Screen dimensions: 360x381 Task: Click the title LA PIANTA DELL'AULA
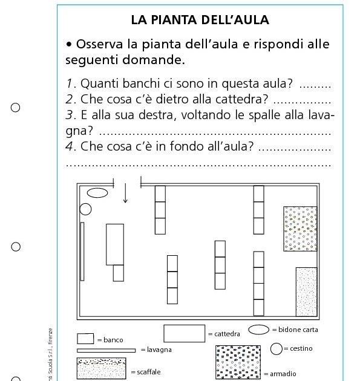pos(200,20)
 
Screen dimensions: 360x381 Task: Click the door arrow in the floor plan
pos(125,193)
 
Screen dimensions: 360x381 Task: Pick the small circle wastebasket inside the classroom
pos(85,209)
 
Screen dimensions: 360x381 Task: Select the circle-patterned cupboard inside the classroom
pos(300,229)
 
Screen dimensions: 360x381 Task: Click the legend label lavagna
pos(160,350)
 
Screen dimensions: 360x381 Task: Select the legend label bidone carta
pos(298,330)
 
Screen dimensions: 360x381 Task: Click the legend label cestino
pos(301,348)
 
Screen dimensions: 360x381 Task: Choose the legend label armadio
pos(282,374)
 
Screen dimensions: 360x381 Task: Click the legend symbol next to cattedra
pos(184,333)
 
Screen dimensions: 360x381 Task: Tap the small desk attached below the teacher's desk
pos(118,273)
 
